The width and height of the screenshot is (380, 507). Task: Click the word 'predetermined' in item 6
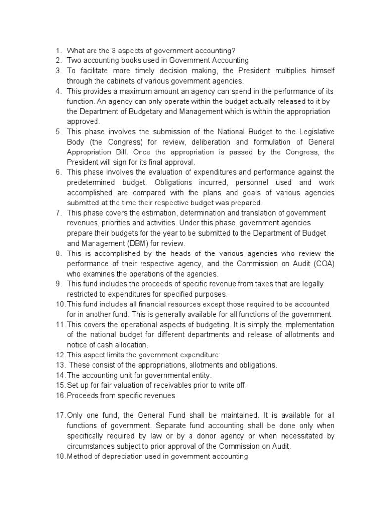click(91, 182)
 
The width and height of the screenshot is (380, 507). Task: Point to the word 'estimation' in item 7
click(148, 213)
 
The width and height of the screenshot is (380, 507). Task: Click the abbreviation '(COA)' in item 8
click(323, 263)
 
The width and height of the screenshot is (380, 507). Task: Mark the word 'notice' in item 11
click(78, 345)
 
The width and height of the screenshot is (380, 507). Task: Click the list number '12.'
click(60, 355)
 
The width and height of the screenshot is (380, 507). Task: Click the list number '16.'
click(60, 395)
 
